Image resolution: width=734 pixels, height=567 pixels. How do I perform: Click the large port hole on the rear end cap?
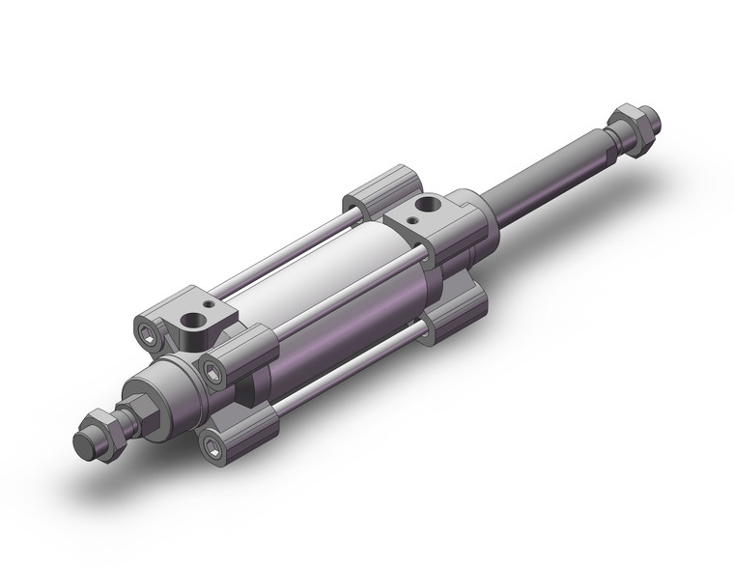pyautogui.click(x=423, y=206)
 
